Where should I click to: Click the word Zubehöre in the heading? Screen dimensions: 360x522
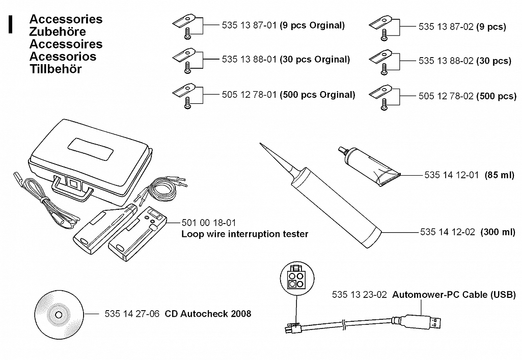coord(58,32)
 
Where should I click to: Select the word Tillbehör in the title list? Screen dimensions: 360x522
coord(56,69)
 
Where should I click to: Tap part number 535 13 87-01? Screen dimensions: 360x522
coord(249,25)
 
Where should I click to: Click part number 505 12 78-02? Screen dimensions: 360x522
coord(446,96)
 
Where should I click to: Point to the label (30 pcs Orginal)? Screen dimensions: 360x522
coord(315,60)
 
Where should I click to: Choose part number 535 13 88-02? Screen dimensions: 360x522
coord(446,61)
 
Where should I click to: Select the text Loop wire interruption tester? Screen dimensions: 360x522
coord(244,234)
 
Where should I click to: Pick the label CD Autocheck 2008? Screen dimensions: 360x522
coord(208,314)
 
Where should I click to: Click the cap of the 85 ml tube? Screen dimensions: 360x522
coord(343,151)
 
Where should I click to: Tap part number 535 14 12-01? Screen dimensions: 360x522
coord(451,175)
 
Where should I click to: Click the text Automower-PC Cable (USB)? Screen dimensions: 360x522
coord(454,295)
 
